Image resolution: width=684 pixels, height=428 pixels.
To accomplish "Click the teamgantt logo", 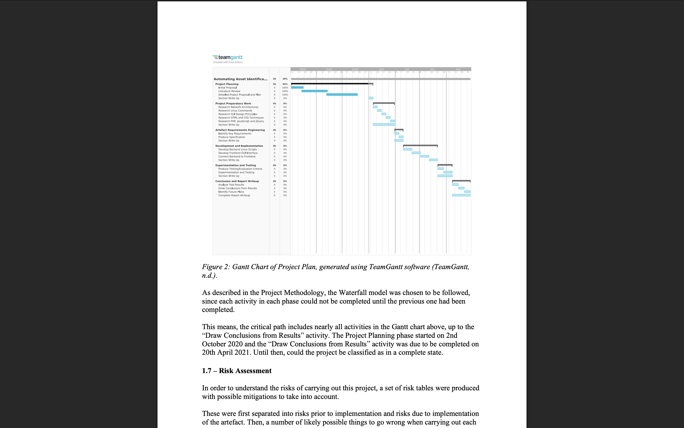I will (228, 57).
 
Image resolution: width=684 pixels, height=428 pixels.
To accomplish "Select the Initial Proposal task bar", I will (297, 87).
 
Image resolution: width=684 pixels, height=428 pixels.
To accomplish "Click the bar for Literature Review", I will (314, 91).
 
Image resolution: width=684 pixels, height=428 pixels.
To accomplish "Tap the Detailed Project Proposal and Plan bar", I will (342, 94).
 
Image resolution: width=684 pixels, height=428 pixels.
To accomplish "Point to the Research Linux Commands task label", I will (235, 111).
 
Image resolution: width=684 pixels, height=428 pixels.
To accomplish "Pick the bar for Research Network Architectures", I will (375, 107).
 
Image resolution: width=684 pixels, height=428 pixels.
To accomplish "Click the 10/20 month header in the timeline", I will (303, 69).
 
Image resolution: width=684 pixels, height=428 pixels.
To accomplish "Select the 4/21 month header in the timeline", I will (458, 69).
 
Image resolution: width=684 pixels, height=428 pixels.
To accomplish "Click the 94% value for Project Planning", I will (285, 84).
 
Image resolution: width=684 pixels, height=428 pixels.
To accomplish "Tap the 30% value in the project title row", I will (285, 79).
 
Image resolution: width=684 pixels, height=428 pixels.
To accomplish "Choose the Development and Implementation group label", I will (239, 146).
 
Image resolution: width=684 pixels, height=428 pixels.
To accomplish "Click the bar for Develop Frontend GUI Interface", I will (416, 153).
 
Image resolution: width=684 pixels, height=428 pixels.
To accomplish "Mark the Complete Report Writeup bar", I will (461, 195).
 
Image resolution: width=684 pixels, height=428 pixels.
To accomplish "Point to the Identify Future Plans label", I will (231, 192).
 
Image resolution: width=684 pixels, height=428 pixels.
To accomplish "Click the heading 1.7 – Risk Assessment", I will (237, 371).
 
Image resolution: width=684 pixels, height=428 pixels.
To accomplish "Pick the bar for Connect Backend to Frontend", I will (425, 156).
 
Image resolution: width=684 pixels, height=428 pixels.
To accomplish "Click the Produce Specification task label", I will (231, 137).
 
